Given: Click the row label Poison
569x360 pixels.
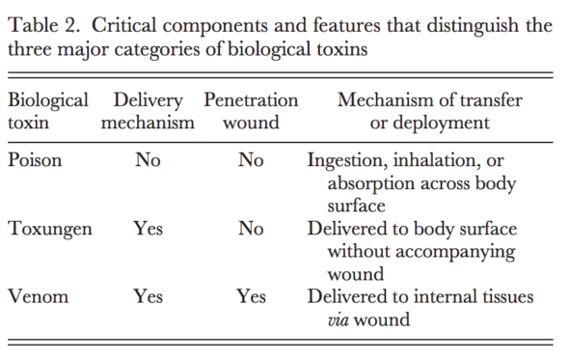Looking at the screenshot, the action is click(x=35, y=160).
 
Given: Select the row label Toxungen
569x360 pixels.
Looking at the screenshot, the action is click(x=50, y=230).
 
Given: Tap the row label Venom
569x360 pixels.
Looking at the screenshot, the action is click(x=39, y=296).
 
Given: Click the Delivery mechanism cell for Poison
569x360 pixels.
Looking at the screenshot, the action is click(x=149, y=160).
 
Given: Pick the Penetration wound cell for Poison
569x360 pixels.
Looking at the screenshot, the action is click(x=251, y=160).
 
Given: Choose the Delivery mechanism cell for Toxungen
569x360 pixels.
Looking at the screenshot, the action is click(x=149, y=228).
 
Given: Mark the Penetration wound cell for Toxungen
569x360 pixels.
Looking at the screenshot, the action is click(x=251, y=228).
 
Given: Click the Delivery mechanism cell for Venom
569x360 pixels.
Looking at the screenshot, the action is click(x=149, y=296).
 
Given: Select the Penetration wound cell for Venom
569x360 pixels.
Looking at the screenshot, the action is click(x=251, y=296).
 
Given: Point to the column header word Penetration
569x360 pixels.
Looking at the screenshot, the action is click(x=251, y=100).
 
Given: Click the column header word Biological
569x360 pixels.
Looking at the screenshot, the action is click(x=48, y=101).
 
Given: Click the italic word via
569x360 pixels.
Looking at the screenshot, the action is click(x=339, y=320).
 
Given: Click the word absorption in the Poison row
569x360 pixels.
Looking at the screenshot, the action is click(x=371, y=184).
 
